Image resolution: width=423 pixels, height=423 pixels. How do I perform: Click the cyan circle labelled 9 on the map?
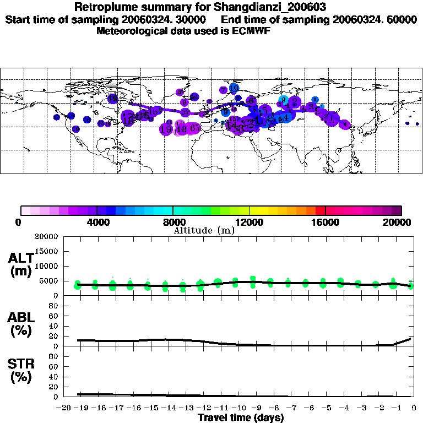point(283,100)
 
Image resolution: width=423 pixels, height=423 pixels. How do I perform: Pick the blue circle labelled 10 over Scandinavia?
point(234,88)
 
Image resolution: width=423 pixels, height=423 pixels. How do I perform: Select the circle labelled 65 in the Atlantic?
point(194,128)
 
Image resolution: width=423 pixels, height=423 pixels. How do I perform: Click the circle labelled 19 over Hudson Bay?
point(112,99)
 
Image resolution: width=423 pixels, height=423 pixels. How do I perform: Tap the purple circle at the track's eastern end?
point(345,124)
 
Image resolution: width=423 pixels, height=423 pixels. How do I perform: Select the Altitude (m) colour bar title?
point(204,230)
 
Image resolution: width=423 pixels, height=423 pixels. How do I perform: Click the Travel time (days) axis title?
point(241,417)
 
